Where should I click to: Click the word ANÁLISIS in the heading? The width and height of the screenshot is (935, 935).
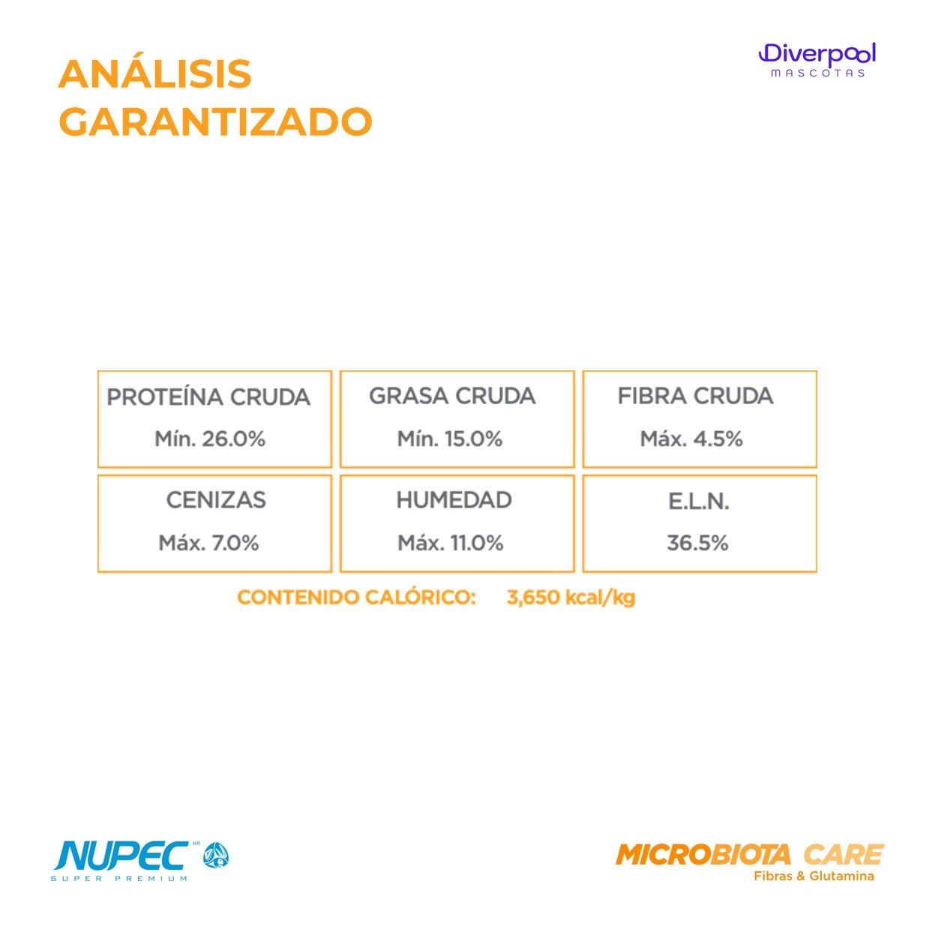[154, 73]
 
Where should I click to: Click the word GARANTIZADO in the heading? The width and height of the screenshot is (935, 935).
[215, 121]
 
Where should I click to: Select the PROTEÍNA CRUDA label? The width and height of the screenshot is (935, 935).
[208, 397]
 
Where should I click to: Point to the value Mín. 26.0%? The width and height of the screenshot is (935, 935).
[210, 439]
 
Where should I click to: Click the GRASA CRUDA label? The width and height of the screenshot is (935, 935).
[452, 396]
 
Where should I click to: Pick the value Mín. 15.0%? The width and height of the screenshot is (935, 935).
[450, 439]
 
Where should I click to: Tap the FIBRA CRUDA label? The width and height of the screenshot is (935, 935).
[695, 396]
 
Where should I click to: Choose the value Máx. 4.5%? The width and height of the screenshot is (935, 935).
[691, 439]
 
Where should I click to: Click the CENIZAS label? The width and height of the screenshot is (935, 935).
[216, 500]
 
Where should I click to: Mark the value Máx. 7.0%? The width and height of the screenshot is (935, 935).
[208, 543]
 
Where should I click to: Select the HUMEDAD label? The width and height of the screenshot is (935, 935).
[454, 500]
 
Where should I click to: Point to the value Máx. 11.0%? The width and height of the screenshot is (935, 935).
[451, 543]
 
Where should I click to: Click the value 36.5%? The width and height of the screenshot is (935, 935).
[698, 543]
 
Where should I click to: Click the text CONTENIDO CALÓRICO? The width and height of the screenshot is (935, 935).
[357, 598]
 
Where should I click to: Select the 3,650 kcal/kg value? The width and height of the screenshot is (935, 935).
[571, 598]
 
